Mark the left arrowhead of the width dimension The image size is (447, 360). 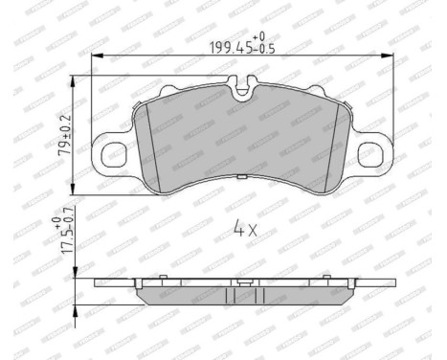click(x=96, y=56)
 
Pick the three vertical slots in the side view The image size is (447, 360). click(x=242, y=297)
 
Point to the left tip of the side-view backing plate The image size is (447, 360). click(x=96, y=284)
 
